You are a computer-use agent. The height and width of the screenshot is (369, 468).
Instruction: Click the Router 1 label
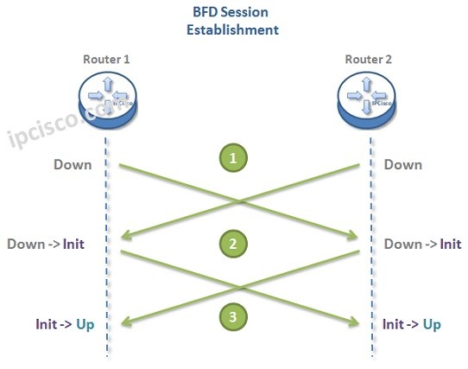pyautogui.click(x=105, y=60)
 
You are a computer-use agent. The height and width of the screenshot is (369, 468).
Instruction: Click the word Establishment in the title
pyautogui.click(x=232, y=29)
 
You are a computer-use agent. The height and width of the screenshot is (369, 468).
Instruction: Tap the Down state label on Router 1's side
pyautogui.click(x=73, y=164)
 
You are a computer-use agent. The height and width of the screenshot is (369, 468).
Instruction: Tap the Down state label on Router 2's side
pyautogui.click(x=402, y=164)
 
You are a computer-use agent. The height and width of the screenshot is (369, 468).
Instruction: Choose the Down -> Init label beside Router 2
pyautogui.click(x=422, y=244)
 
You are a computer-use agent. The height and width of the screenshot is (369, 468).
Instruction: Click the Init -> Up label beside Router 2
pyautogui.click(x=411, y=324)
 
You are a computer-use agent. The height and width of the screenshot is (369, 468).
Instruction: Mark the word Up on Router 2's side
pyautogui.click(x=432, y=324)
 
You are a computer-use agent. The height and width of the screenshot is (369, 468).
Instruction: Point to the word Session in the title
pyautogui.click(x=250, y=13)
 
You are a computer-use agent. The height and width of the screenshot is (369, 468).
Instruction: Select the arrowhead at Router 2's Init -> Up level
pyautogui.click(x=354, y=321)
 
